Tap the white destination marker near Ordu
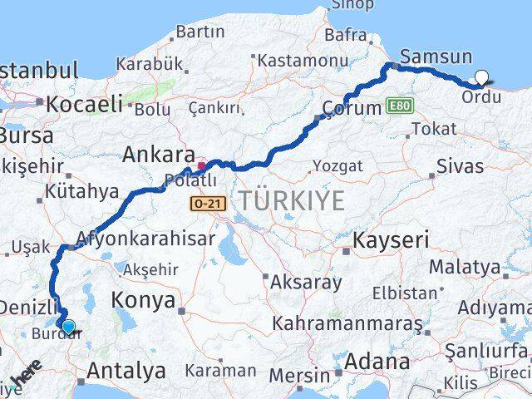tap(481, 79)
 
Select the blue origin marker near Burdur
tap(68, 327)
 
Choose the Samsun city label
tap(436, 57)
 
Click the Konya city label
tap(147, 300)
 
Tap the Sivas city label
tap(460, 166)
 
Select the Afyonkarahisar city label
tap(145, 239)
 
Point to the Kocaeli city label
tap(84, 105)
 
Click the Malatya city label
tap(475, 268)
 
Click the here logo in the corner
tap(25, 382)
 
